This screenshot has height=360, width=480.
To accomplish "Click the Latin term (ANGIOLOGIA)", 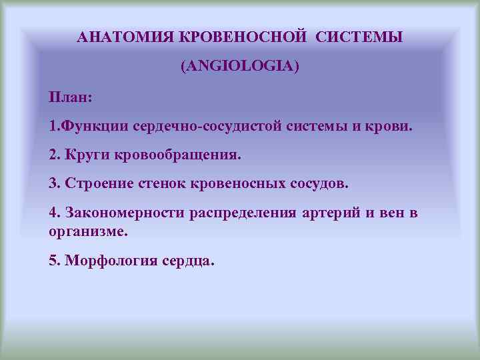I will click(x=240, y=67).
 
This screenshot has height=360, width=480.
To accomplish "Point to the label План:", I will click(x=70, y=97).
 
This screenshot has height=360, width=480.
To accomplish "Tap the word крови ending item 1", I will click(x=391, y=126).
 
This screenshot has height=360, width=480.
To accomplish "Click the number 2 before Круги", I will click(x=53, y=155).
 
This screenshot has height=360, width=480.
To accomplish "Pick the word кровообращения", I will click(x=181, y=155).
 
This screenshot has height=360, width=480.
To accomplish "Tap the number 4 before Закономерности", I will click(x=53, y=212).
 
